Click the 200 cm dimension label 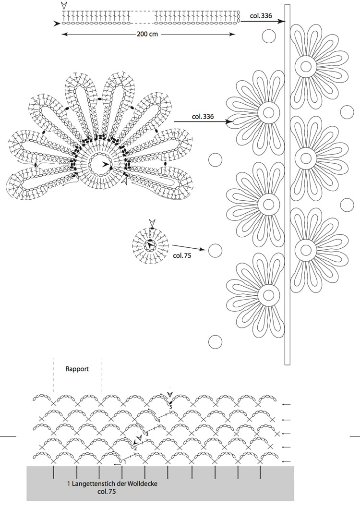click(x=147, y=34)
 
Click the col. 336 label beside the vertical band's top click(x=261, y=15)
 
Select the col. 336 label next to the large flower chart click(x=203, y=116)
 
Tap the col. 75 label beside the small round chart click(x=182, y=255)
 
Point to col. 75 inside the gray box click(x=107, y=491)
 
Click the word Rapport click(x=77, y=369)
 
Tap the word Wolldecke click(x=143, y=484)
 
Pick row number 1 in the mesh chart click(x=124, y=461)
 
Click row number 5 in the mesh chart click(x=170, y=407)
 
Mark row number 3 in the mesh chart click(x=147, y=434)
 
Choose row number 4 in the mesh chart click(x=159, y=420)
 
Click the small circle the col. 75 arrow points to click(x=215, y=251)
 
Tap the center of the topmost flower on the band click(x=306, y=66)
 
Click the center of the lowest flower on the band click(x=268, y=295)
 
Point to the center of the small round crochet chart click(x=150, y=245)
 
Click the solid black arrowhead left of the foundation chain click(x=57, y=24)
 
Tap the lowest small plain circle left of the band click(x=215, y=342)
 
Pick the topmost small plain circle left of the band click(x=268, y=36)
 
